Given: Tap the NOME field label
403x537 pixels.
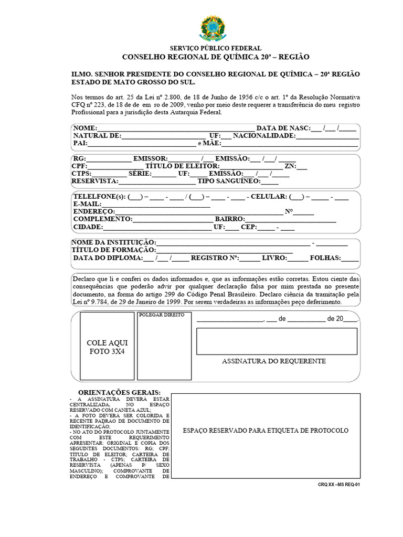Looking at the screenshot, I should (x=85, y=128).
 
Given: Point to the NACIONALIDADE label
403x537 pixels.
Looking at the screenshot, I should (x=264, y=135).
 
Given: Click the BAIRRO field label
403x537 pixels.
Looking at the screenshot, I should (x=229, y=219).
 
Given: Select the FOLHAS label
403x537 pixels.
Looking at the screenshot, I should (x=325, y=258).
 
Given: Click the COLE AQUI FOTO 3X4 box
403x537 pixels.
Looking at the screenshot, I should (x=107, y=346).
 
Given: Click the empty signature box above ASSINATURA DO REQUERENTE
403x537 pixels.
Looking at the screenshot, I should (x=277, y=341).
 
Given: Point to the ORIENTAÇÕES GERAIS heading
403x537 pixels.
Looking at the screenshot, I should (x=119, y=393).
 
